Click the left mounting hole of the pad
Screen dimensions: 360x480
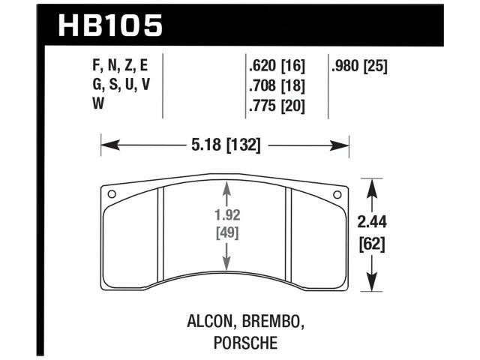[112, 195]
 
